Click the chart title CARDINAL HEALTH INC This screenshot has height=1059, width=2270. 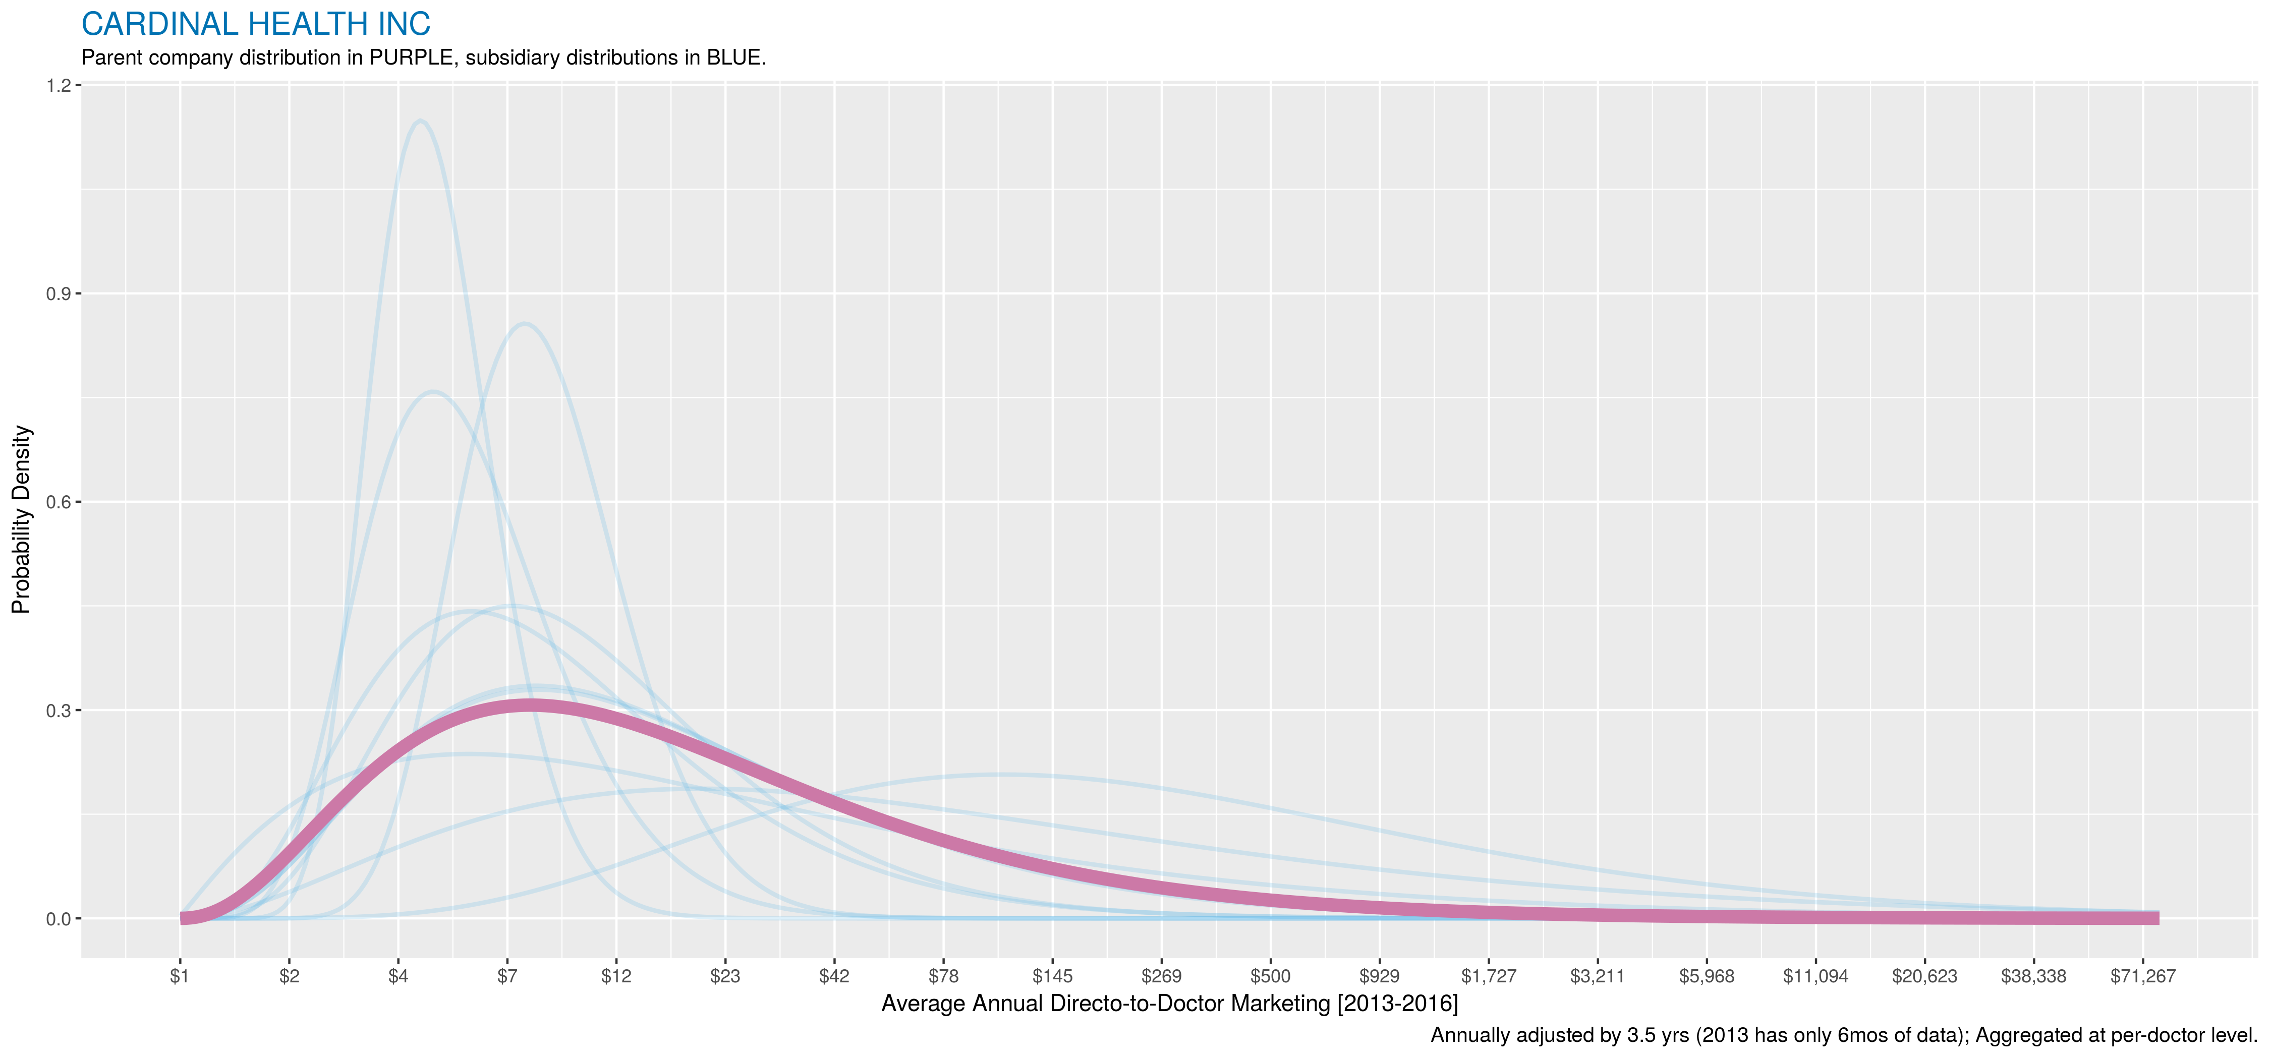tap(256, 24)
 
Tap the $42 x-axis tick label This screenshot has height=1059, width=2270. tap(834, 976)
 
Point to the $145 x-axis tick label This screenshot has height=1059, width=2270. tap(1052, 976)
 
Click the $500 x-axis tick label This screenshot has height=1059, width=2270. tap(1270, 976)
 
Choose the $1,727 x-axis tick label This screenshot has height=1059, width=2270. tap(1489, 976)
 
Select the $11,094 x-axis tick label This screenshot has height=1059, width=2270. tap(1815, 976)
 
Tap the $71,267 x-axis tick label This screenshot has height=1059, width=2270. tap(2142, 976)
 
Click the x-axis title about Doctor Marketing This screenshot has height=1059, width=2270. tap(1169, 1004)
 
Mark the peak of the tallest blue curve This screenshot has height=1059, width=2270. tap(420, 121)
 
